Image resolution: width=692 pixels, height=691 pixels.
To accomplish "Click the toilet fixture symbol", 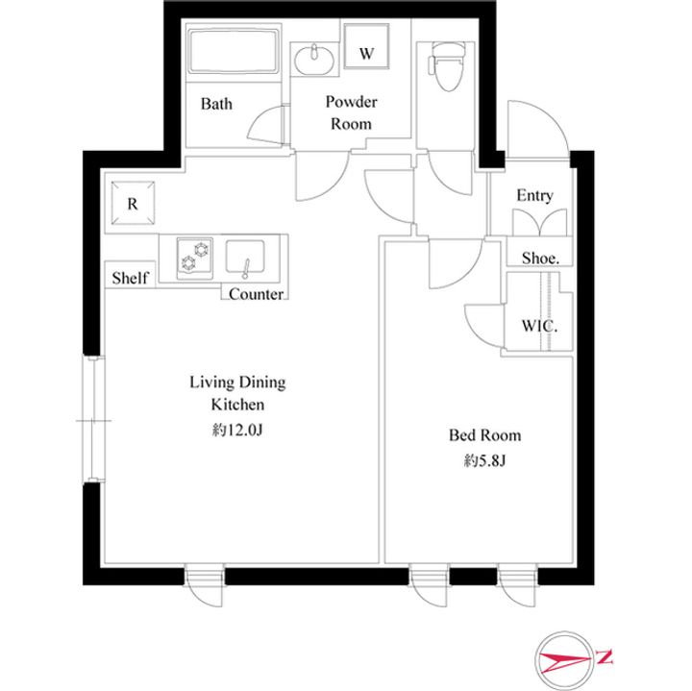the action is [446, 66].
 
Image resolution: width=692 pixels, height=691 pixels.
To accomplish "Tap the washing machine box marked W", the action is [366, 46].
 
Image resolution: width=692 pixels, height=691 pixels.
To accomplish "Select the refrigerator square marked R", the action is [133, 203].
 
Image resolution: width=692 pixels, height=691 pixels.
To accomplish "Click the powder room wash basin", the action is [313, 59].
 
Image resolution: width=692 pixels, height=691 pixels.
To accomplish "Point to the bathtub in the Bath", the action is [234, 51].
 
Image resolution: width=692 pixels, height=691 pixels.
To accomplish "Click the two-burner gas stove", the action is [194, 258].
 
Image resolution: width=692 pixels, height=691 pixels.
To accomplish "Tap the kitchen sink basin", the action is [245, 259].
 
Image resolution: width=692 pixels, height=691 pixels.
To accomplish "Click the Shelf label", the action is [130, 278].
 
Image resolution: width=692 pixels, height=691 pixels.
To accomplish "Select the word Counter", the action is [256, 294].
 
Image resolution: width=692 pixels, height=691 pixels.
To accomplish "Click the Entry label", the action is [534, 195].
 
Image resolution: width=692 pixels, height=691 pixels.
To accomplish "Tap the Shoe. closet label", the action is [540, 258].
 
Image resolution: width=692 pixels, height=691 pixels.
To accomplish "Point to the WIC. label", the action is [539, 326].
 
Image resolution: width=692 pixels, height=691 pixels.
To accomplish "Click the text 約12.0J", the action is [237, 430].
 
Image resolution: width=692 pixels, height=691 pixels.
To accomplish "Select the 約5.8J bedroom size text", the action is [484, 460].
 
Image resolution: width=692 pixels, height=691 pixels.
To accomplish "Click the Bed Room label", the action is [484, 435].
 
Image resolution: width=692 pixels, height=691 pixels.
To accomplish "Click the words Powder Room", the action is [352, 112].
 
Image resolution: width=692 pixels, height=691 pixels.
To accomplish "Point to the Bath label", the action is [216, 104].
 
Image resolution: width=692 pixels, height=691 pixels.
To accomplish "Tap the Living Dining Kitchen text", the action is [237, 393].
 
